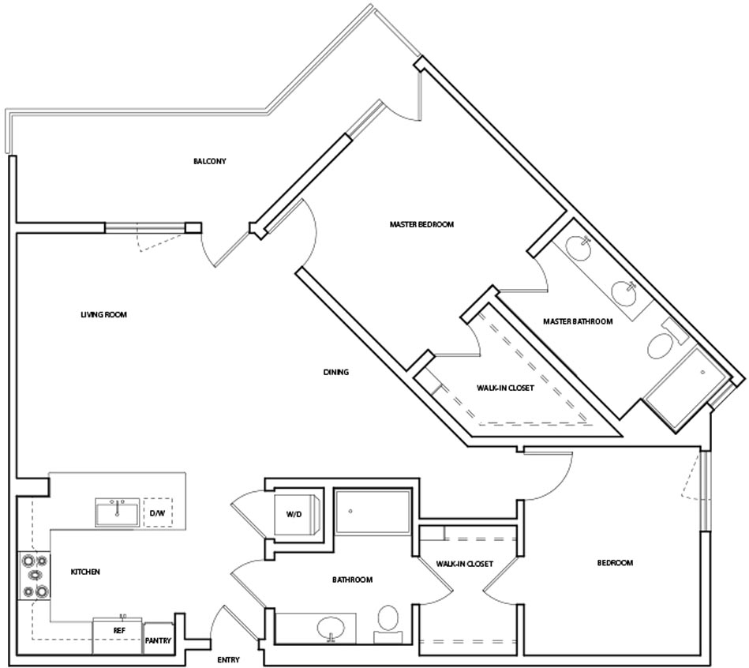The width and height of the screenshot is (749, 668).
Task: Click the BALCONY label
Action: coord(210,161)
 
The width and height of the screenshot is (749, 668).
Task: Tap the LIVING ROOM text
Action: coord(103,314)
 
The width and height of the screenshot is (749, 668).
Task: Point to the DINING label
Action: coord(335,372)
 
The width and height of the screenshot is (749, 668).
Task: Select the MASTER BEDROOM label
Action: coord(421,224)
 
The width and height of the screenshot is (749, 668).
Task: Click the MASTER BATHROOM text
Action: coord(578,321)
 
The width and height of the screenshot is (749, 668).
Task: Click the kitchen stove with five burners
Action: coord(35,576)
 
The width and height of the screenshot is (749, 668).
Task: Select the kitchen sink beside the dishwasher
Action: coord(118,512)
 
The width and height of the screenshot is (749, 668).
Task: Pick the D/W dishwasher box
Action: coord(158,512)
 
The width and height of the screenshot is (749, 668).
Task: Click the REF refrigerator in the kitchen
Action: coord(118,636)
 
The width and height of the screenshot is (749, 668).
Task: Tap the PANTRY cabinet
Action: coord(158,638)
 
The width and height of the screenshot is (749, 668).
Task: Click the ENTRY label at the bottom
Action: coord(228,660)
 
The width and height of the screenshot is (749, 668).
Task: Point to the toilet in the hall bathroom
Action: coord(388,624)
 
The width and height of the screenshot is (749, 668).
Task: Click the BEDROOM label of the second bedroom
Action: coord(615,563)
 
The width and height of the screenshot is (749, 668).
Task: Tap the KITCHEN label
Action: coord(85,572)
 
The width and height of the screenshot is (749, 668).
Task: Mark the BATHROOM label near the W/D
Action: coord(353,580)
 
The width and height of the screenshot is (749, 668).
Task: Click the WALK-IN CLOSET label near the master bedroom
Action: coord(505,388)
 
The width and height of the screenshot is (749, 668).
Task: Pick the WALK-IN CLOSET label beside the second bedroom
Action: coord(464,564)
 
